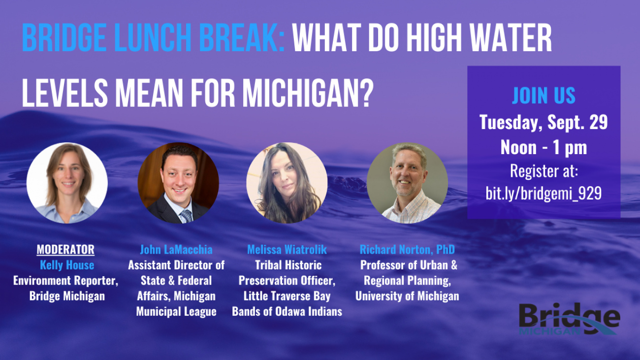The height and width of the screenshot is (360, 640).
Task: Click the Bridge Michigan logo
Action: tap(570, 319)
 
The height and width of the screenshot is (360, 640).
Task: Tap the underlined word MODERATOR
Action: tap(65, 249)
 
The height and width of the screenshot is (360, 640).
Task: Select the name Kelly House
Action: tap(67, 265)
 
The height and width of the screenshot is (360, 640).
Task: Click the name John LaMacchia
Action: tap(176, 250)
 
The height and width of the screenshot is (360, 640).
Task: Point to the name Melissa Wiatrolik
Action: tap(287, 250)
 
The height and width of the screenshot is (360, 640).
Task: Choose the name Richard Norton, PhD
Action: tap(407, 250)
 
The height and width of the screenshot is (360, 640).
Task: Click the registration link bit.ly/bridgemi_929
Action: tap(544, 194)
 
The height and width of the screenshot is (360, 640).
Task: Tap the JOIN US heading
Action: tap(544, 96)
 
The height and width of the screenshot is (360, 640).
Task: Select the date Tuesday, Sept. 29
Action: tap(544, 123)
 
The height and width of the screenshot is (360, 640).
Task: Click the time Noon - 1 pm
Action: tap(544, 148)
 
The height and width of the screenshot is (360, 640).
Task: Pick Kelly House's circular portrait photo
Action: tap(67, 183)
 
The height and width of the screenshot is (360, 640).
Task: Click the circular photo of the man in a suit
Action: tap(178, 183)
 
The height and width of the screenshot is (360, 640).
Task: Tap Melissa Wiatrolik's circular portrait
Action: tap(287, 183)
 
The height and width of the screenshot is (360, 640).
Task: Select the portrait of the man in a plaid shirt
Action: tap(408, 183)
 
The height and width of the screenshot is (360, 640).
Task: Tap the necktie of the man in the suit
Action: tap(186, 216)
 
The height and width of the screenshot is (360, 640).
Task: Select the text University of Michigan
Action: tap(407, 296)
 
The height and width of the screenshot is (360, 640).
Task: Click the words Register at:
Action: tap(544, 171)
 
